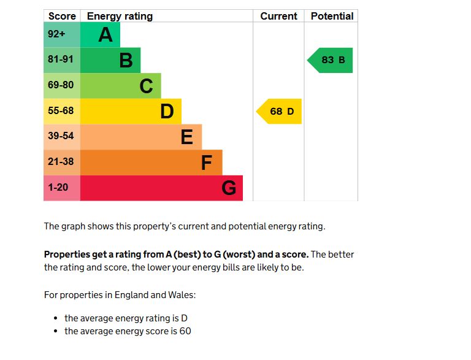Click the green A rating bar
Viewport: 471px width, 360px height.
100,35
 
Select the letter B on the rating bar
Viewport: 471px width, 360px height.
126,61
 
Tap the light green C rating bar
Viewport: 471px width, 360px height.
120,86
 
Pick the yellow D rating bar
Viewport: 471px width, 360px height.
130,112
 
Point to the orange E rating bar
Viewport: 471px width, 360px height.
140,137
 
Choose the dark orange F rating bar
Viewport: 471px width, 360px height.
151,163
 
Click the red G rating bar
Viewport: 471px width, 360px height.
161,188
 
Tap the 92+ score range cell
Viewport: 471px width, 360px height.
61,35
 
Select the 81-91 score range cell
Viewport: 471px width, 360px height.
61,60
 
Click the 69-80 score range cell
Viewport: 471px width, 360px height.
61,86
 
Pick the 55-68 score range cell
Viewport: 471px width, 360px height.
61,112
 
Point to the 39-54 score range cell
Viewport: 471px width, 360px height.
61,137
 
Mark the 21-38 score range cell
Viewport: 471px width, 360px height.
61,163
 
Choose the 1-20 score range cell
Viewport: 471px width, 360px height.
61,188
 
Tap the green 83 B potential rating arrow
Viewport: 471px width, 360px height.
332,60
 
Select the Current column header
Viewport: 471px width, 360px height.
278,17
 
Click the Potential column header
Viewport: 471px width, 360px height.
332,17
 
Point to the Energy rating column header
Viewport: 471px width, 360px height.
120,17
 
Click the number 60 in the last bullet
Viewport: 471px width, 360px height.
185,331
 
